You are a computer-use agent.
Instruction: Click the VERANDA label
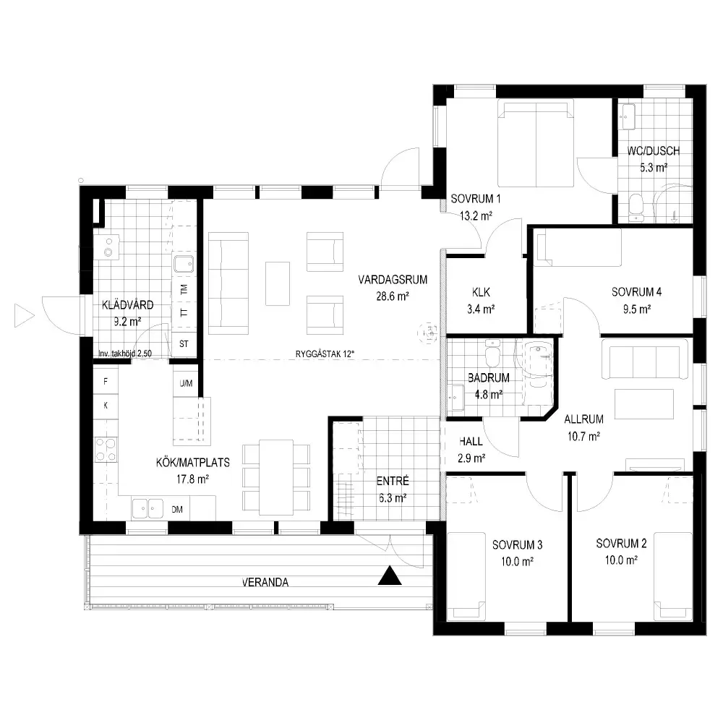click(x=265, y=582)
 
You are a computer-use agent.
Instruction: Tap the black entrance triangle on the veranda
click(x=390, y=576)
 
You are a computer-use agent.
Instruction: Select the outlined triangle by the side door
click(x=25, y=316)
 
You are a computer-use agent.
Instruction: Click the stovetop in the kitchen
click(x=106, y=450)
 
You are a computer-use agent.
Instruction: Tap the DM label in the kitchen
click(x=177, y=510)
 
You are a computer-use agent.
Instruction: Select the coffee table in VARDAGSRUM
click(x=278, y=283)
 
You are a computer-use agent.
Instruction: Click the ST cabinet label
click(x=184, y=343)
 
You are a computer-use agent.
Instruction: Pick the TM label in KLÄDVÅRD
click(x=184, y=290)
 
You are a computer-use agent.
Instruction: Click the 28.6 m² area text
click(x=393, y=296)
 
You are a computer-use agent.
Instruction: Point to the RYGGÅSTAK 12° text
click(x=325, y=354)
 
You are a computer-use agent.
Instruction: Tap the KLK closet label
click(x=481, y=292)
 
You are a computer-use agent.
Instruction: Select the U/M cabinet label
click(x=187, y=383)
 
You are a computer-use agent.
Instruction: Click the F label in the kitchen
click(x=106, y=381)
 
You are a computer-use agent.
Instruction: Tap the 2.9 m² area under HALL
click(x=471, y=458)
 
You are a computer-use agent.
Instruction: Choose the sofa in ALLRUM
click(x=645, y=359)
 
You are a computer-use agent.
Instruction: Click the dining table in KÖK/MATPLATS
click(x=276, y=477)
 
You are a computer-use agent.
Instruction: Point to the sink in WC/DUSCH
click(x=627, y=117)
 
